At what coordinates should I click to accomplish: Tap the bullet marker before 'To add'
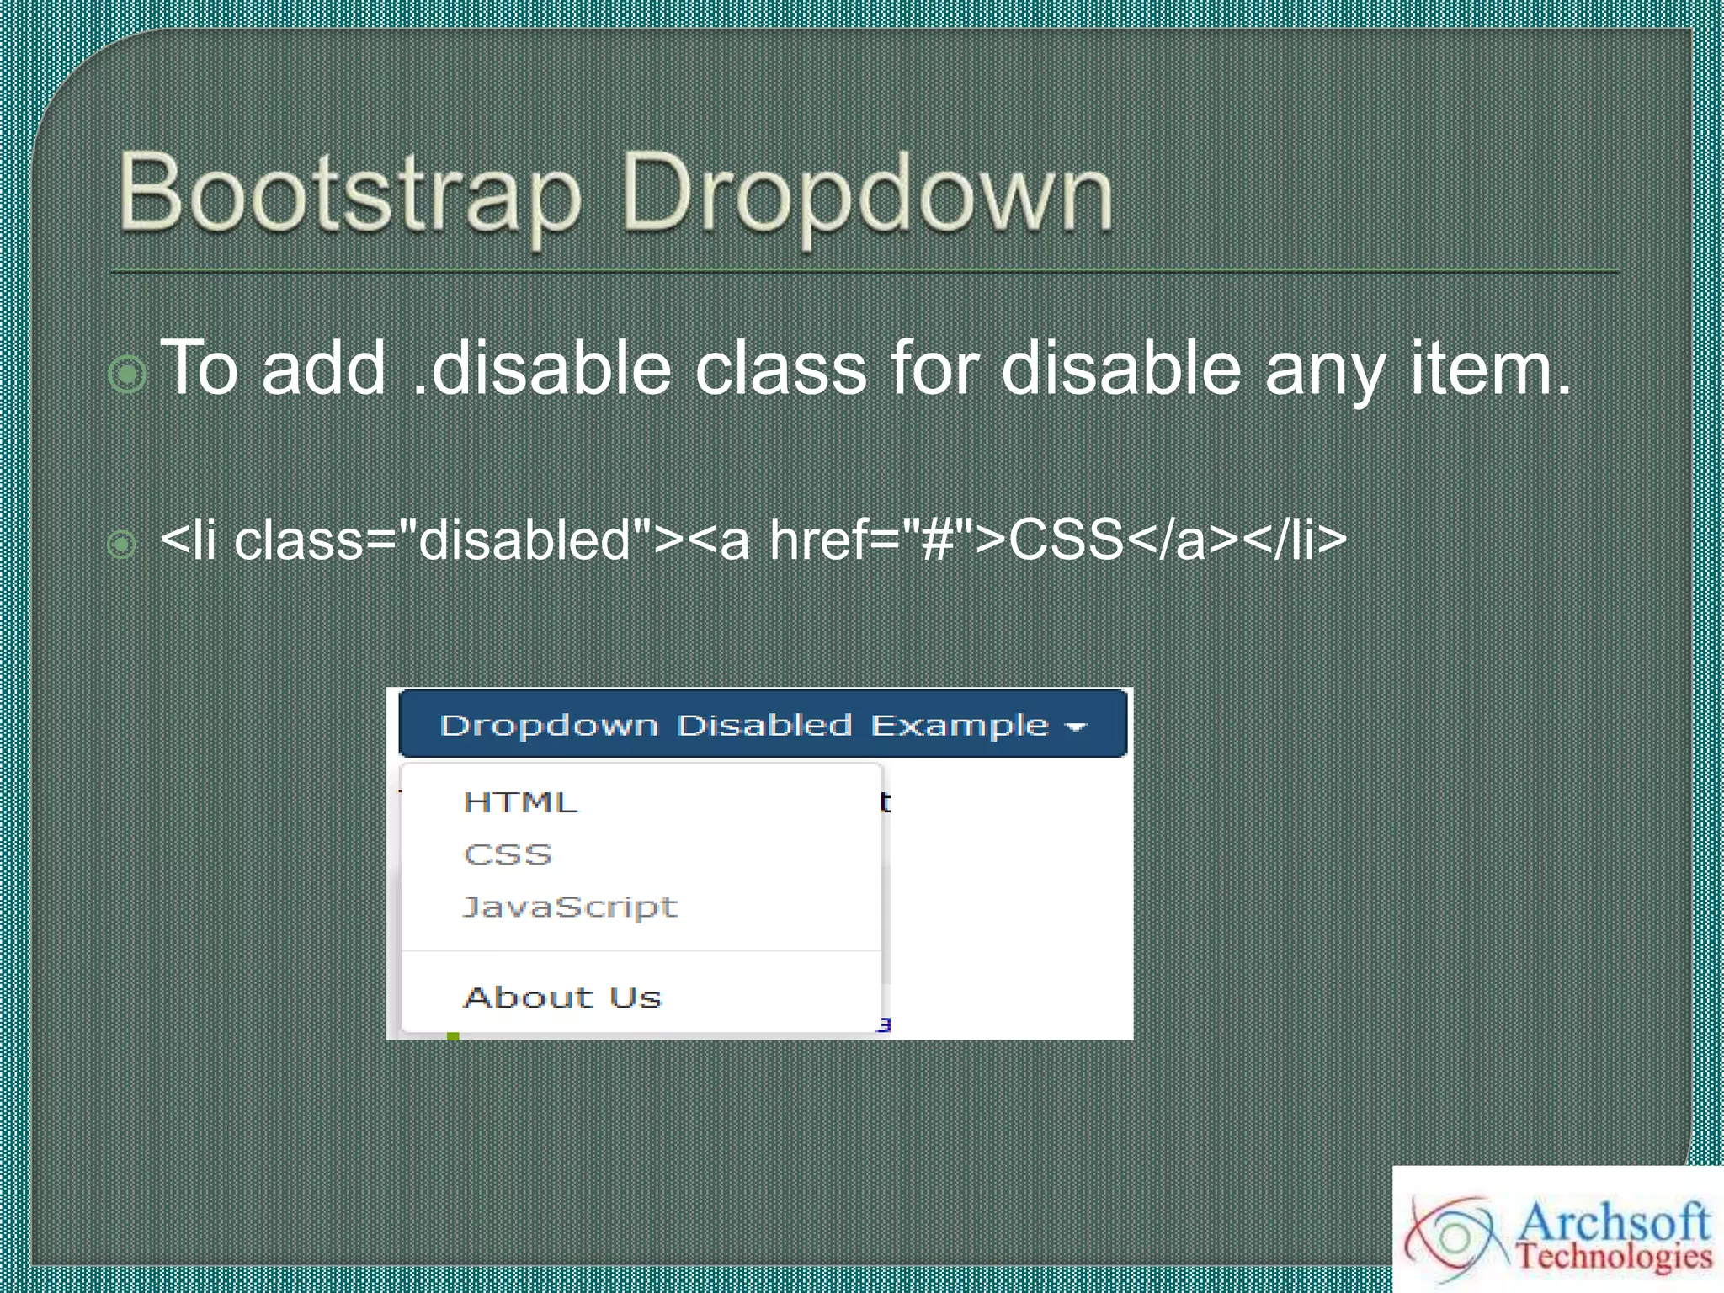[128, 374]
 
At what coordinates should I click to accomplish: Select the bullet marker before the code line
[122, 545]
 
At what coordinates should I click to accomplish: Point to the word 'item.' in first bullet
[1490, 369]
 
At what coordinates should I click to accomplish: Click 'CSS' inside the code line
[1066, 540]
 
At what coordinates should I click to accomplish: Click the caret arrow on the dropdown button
[1077, 726]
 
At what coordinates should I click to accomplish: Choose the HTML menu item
[520, 802]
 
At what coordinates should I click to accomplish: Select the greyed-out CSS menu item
[508, 854]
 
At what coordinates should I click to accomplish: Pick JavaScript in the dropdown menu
[570, 907]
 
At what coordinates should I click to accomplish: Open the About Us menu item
[562, 998]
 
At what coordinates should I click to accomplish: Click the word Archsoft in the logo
[1612, 1221]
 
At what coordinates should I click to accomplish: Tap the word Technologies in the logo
[1614, 1257]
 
